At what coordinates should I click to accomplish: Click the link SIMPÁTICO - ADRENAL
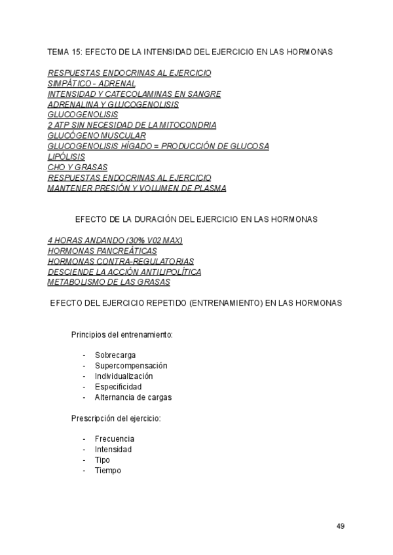92,83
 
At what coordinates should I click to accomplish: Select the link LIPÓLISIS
66,156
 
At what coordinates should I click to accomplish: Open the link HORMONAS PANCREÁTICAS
102,251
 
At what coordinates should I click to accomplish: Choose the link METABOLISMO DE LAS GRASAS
109,282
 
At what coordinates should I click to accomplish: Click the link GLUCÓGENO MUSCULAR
97,135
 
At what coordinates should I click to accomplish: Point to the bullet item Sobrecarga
115,355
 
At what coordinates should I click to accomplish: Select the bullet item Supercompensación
131,365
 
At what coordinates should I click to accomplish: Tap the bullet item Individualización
124,376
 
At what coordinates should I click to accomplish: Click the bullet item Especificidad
118,386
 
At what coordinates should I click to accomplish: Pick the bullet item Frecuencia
115,439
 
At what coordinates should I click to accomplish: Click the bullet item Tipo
102,459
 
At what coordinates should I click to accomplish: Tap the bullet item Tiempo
107,470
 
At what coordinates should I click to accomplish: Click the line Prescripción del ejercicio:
116,418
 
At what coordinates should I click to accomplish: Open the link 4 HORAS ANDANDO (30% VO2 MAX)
115,240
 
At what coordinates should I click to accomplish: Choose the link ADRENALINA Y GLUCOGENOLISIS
113,104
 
